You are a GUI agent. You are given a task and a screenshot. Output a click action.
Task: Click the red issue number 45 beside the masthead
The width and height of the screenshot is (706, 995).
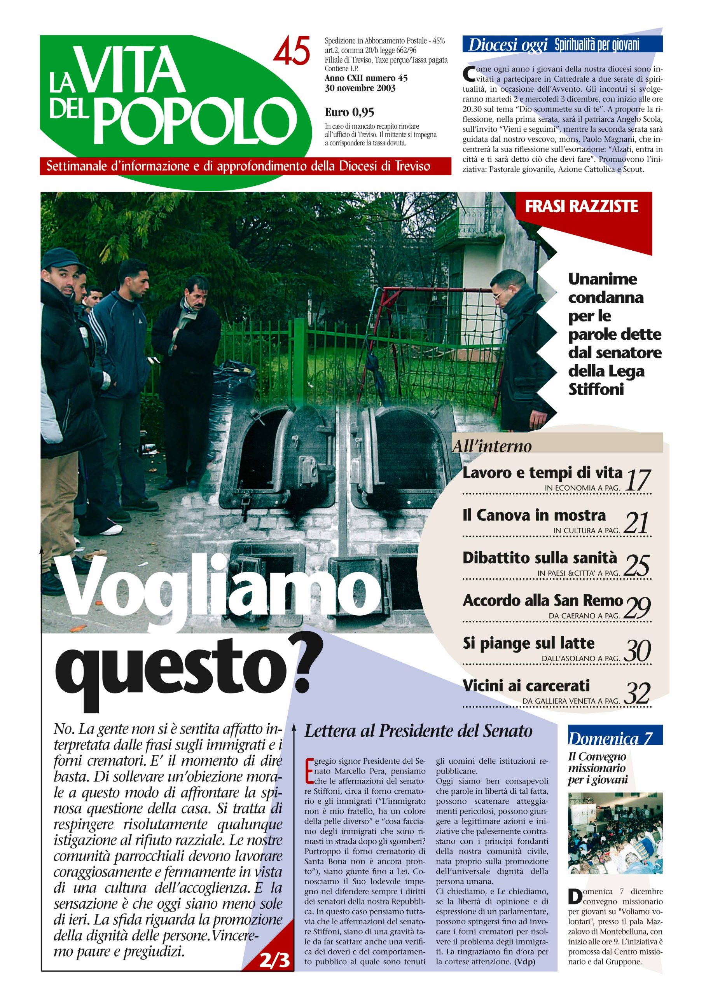(x=291, y=51)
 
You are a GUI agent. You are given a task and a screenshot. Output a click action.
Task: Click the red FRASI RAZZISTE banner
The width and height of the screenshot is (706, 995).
(x=581, y=206)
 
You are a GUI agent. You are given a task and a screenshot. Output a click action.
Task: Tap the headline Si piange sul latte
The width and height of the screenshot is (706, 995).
(x=528, y=643)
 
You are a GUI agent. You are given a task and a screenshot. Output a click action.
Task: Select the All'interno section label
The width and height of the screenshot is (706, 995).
(x=492, y=446)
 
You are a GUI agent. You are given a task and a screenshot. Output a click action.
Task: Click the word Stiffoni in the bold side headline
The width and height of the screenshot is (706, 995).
(x=596, y=389)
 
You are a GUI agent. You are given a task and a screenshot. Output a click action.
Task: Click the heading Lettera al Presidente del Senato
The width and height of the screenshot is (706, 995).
(x=418, y=731)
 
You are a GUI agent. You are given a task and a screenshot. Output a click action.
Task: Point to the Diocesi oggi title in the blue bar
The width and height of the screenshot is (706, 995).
(x=507, y=45)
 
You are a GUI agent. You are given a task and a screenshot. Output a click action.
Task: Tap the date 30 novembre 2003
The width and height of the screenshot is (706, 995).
(x=360, y=88)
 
